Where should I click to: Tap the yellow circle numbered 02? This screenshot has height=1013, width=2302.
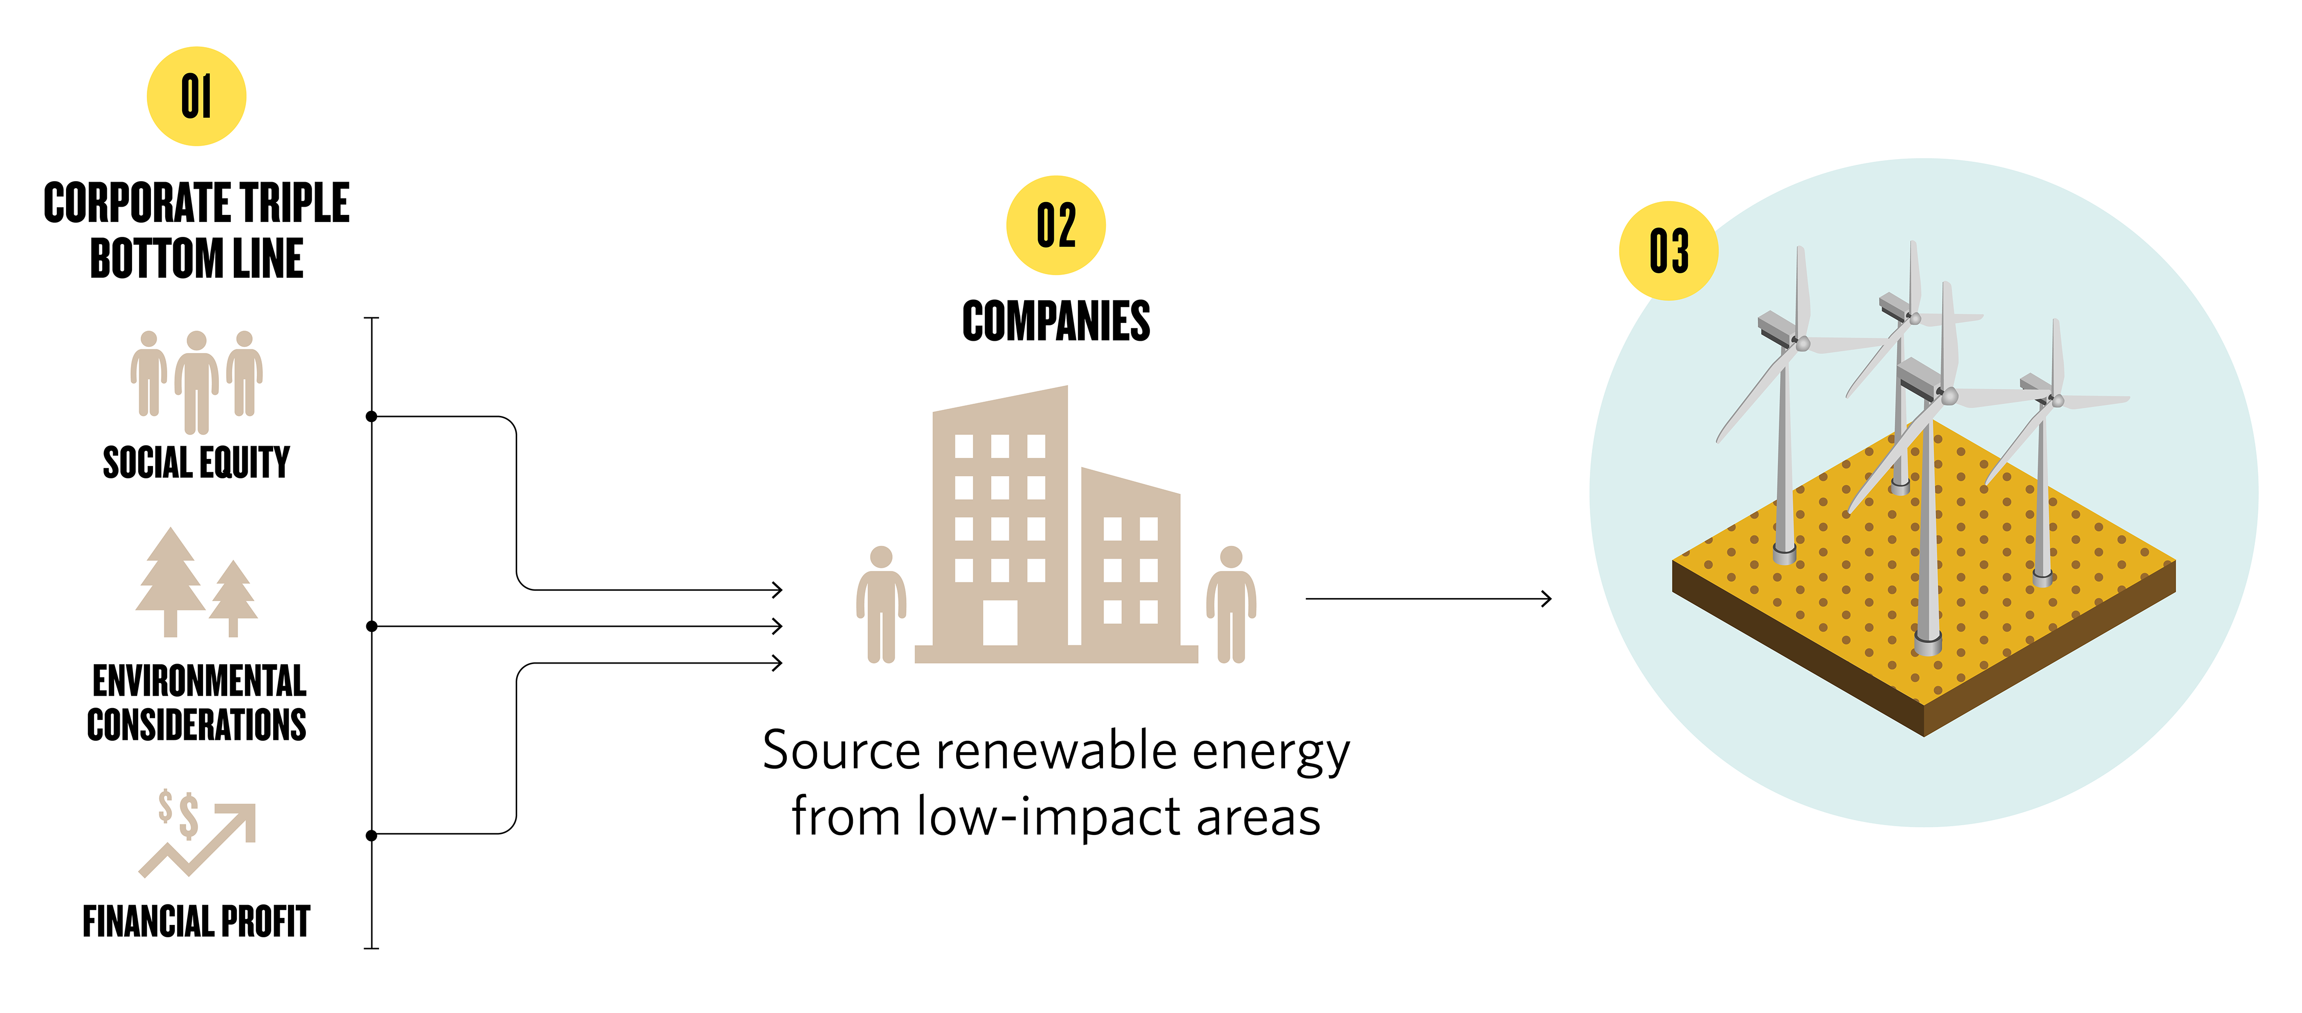pos(1055,225)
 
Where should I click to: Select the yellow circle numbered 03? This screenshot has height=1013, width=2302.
pos(1668,250)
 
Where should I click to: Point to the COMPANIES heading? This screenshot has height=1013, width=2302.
pos(1055,322)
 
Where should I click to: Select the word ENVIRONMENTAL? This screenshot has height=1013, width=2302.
pos(198,681)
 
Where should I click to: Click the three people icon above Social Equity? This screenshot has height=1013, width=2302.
pos(196,380)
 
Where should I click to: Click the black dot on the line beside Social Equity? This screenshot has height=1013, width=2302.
pos(372,416)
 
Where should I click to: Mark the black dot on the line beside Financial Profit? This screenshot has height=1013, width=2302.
pos(372,835)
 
